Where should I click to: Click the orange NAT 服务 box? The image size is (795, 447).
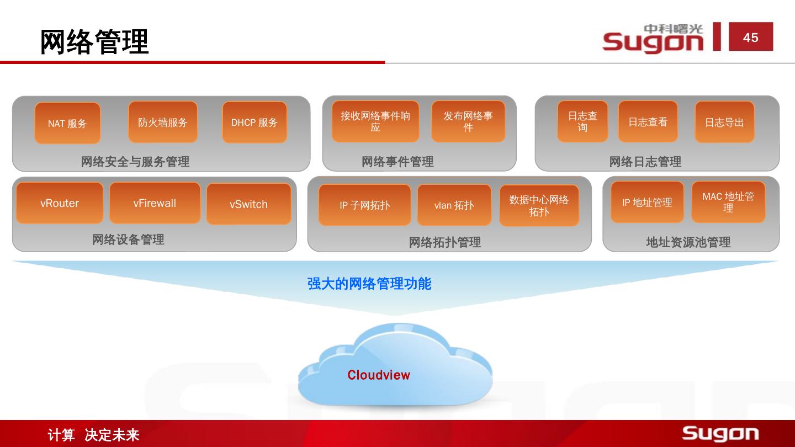point(67,123)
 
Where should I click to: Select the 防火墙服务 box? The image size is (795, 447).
point(163,122)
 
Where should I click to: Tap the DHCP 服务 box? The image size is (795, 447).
point(255,123)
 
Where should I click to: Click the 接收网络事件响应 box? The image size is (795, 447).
point(375,121)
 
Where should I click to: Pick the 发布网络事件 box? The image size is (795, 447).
point(468,121)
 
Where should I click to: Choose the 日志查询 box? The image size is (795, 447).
point(582,121)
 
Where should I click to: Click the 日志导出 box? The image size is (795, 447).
point(724,122)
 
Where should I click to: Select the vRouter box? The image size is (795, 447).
point(60,203)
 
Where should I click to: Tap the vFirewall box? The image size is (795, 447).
point(155,203)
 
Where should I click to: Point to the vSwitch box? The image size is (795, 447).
point(248,204)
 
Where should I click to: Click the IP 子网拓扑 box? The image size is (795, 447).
point(365,205)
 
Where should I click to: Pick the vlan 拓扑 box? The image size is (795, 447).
point(454,205)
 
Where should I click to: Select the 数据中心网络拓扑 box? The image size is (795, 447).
point(539,205)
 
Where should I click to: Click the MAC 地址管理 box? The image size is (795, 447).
point(728,202)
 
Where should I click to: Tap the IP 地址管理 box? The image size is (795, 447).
point(647,203)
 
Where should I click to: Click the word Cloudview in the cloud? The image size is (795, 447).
point(379,375)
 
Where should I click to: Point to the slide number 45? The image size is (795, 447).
point(751,38)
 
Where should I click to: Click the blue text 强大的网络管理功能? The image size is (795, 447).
point(369,284)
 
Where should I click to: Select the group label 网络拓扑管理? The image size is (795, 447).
point(445,242)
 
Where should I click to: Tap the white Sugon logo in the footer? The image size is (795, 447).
point(720,434)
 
